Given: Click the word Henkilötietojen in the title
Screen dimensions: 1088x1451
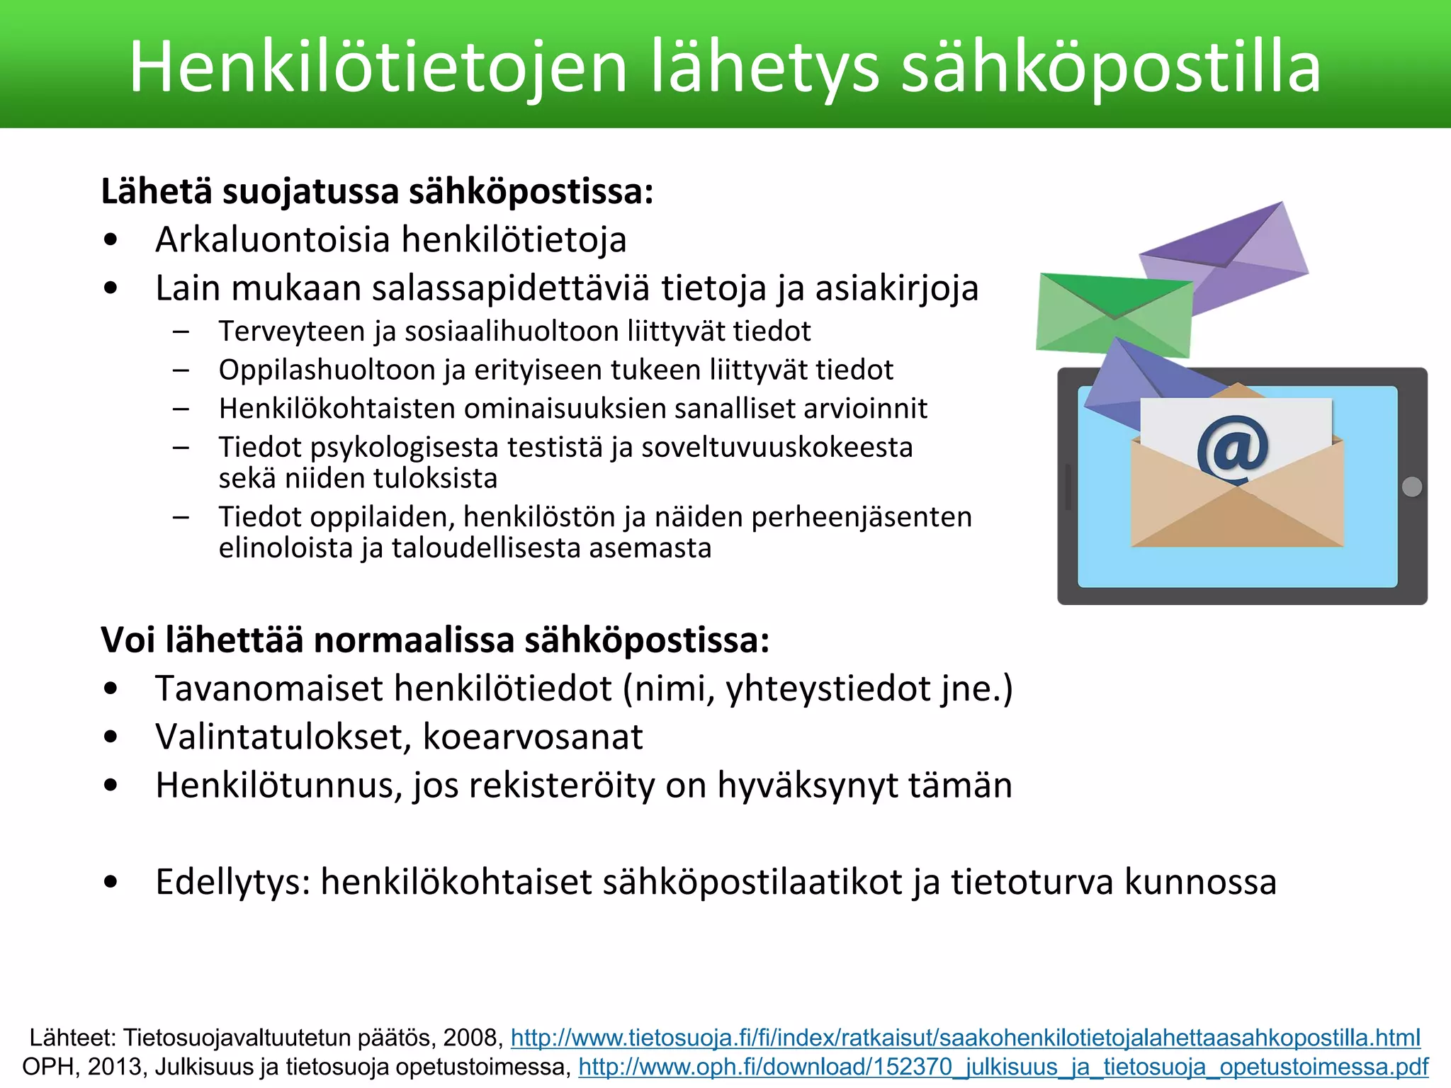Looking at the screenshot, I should coord(378,67).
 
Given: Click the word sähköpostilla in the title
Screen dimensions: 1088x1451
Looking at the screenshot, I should coord(1110,67).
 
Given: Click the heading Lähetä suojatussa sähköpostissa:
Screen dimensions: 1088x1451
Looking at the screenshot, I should coord(377,191).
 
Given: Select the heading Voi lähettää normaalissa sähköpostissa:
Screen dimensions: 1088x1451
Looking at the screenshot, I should coord(435,640).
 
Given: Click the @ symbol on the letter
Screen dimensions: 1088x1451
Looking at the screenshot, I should coord(1233,448).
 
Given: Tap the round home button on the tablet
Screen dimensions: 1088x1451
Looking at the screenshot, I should coord(1411,487).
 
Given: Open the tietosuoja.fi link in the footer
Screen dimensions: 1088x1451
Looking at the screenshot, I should coord(965,1038).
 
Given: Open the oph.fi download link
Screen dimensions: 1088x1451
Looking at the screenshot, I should coord(1003,1067).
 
